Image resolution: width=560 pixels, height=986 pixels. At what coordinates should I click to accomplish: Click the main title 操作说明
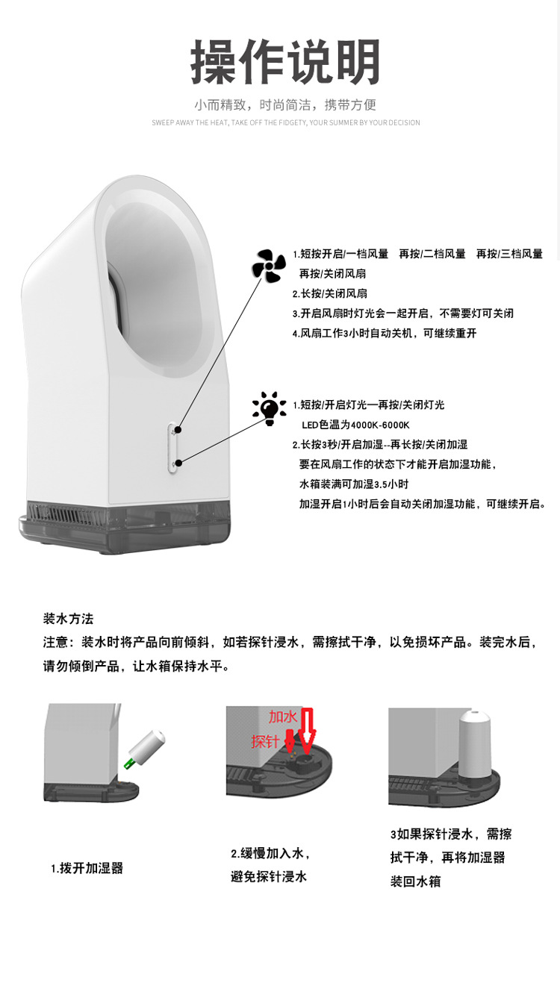click(x=285, y=63)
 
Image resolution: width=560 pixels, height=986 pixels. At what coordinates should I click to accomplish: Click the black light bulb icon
click(x=269, y=408)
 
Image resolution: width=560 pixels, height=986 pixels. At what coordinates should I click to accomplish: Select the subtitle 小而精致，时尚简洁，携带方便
click(x=285, y=104)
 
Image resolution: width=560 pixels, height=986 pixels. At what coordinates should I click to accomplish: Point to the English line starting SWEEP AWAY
click(x=285, y=122)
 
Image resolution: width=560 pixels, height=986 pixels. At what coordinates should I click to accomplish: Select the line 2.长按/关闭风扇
click(x=329, y=293)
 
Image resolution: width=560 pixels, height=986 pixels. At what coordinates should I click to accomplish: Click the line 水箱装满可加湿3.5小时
click(x=354, y=484)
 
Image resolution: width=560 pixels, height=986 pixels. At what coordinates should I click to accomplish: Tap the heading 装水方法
click(x=68, y=619)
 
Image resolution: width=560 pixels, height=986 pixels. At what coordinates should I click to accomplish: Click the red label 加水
click(x=283, y=717)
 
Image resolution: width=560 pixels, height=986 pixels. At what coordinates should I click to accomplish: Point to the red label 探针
click(x=265, y=741)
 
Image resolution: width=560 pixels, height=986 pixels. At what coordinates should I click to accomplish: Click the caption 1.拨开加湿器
click(x=87, y=868)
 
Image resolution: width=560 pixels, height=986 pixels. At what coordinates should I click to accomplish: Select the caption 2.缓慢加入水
click(x=270, y=853)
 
